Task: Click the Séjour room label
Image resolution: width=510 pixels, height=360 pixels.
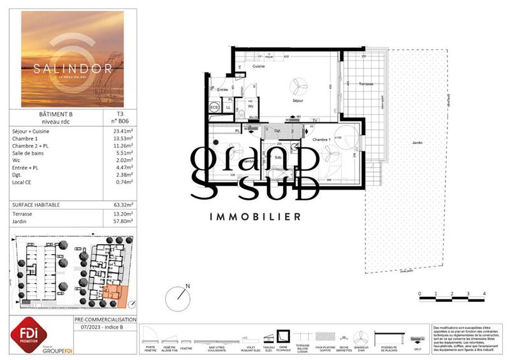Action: [297, 100]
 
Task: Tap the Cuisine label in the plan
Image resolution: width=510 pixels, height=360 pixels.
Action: [259, 66]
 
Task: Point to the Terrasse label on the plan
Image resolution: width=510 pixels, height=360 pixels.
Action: [365, 84]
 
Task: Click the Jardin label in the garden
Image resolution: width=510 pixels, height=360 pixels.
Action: [417, 143]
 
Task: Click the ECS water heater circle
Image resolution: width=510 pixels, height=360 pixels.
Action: [214, 108]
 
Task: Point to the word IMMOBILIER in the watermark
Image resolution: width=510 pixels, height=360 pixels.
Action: [254, 217]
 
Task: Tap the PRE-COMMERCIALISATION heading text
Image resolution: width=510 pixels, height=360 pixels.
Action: [105, 319]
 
